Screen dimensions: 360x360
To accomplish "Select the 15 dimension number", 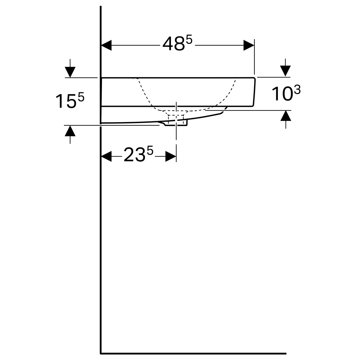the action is click(x=66, y=101).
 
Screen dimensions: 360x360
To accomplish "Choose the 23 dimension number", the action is click(x=134, y=154).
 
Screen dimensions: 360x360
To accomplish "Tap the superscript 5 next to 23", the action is click(x=150, y=150).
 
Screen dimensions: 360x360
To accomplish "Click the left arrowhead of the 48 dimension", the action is click(x=106, y=45).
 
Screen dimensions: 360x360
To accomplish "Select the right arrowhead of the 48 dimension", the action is click(x=249, y=45).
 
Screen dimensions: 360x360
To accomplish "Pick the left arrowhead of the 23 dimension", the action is click(x=106, y=156).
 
